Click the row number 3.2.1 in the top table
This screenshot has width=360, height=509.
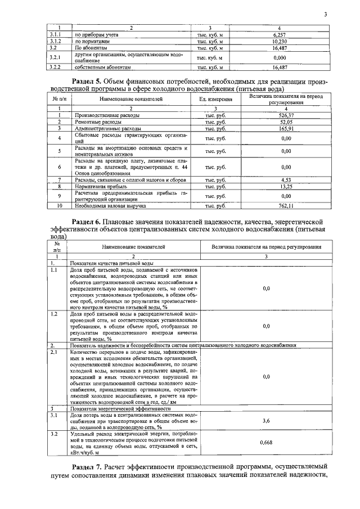55,57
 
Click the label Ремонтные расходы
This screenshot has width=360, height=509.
97,121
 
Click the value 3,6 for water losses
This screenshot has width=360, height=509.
267,420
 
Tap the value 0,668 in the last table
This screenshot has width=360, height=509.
267,443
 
